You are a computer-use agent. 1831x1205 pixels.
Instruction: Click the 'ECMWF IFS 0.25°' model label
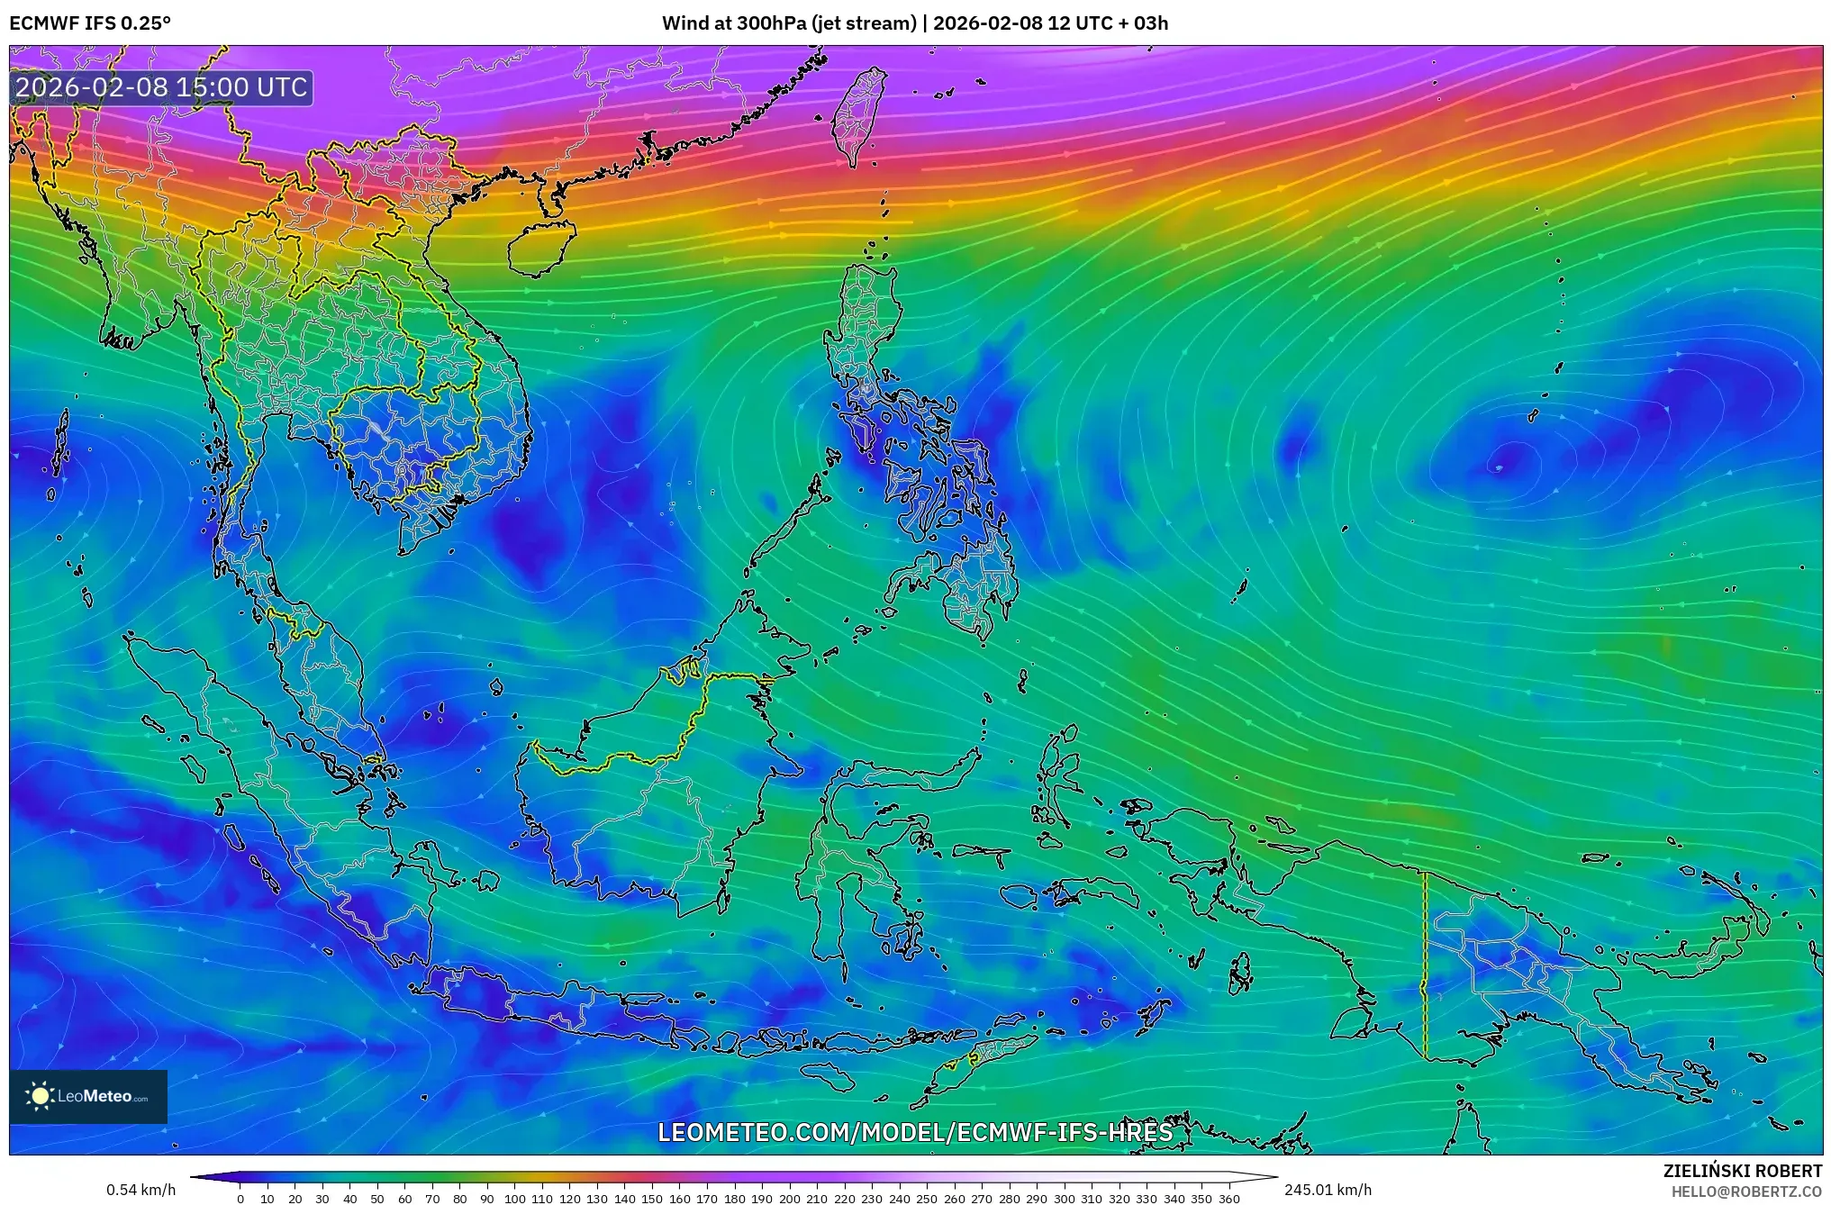[90, 23]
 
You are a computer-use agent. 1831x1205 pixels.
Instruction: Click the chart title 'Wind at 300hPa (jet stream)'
[789, 23]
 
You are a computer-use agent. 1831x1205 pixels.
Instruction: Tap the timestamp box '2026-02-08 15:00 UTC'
[162, 87]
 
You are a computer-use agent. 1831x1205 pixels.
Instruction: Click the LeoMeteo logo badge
[88, 1096]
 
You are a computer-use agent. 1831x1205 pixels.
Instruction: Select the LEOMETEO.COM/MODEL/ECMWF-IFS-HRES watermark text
[915, 1132]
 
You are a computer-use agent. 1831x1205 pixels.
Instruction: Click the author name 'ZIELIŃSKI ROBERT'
[1742, 1171]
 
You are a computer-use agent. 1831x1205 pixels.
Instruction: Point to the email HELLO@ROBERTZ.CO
[1746, 1191]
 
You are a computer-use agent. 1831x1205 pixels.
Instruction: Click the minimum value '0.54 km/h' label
[141, 1190]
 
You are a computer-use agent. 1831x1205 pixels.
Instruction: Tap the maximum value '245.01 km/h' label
[1328, 1190]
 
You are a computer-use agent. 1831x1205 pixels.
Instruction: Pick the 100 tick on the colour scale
[514, 1199]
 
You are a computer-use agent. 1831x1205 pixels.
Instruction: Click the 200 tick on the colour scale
[789, 1199]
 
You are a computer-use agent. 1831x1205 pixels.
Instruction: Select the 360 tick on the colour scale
[1228, 1199]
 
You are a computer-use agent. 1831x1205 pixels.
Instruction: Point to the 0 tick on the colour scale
[240, 1199]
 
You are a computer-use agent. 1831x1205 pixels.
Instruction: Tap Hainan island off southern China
[540, 248]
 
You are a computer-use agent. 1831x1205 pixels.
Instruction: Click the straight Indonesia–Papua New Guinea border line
[1425, 964]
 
